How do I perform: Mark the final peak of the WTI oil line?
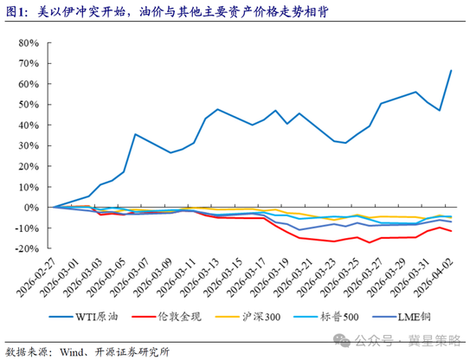tap(451, 71)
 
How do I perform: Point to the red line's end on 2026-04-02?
tap(451, 231)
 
